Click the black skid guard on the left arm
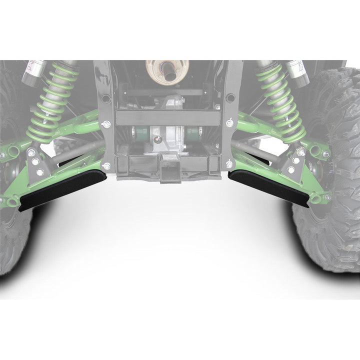click(65, 187)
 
